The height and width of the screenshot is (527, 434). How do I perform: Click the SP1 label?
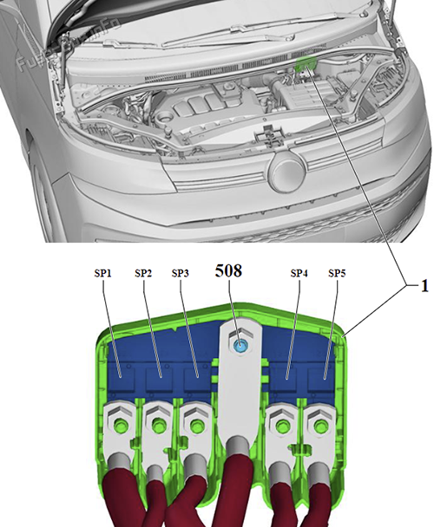click(x=104, y=273)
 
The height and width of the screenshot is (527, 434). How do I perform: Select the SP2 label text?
click(x=143, y=273)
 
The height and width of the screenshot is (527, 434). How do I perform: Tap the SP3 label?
click(x=181, y=273)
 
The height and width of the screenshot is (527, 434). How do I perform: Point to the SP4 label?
click(x=299, y=273)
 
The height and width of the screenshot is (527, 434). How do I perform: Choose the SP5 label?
click(x=338, y=273)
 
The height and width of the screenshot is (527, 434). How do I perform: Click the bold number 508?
click(x=229, y=270)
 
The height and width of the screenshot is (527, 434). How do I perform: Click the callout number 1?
click(x=424, y=286)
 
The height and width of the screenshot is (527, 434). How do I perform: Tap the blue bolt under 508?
click(x=240, y=346)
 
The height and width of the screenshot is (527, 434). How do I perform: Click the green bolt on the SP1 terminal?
click(x=118, y=424)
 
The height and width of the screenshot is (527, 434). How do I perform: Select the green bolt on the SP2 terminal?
click(x=158, y=425)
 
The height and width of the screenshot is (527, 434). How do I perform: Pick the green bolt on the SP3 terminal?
click(x=196, y=425)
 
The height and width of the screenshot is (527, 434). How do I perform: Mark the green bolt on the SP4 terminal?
click(x=281, y=425)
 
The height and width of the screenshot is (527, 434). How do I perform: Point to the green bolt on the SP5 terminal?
click(x=321, y=425)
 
